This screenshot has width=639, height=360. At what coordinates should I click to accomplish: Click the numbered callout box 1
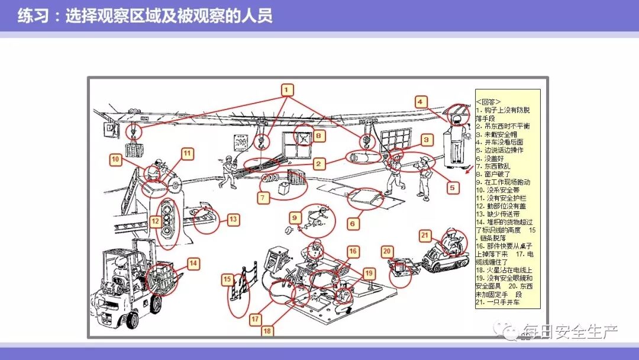287,90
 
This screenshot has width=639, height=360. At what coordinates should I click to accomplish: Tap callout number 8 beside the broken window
319,136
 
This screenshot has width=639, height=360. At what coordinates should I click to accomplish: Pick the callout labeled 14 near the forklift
193,263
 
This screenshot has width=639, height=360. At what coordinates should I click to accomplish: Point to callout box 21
425,236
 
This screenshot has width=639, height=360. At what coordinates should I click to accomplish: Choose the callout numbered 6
352,224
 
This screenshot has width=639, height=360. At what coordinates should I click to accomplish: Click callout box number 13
233,219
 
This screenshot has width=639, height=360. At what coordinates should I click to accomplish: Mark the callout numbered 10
116,159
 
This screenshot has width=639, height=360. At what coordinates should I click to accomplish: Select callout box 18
267,330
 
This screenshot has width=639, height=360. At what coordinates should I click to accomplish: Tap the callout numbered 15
227,278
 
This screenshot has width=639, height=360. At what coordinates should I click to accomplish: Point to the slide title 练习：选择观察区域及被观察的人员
145,15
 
